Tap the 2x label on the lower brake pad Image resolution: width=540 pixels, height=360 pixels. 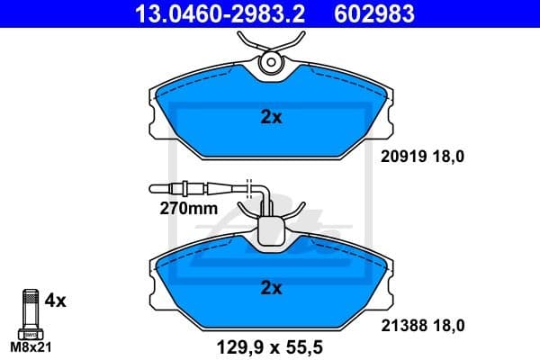pyautogui.click(x=271, y=288)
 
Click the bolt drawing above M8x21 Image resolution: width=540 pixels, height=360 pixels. pyautogui.click(x=31, y=310)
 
